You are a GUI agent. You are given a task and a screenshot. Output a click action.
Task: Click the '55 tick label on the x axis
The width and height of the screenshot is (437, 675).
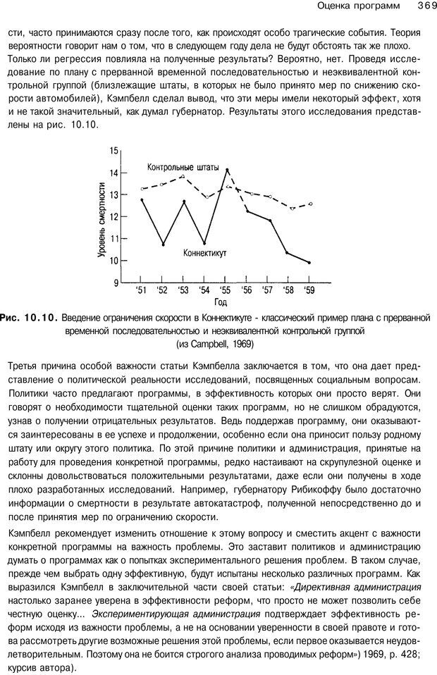[x=226, y=290]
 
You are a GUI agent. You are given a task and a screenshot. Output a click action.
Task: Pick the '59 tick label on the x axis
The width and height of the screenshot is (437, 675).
[x=309, y=290]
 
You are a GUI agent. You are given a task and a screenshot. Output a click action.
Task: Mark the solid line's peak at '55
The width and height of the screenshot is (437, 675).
[x=227, y=170]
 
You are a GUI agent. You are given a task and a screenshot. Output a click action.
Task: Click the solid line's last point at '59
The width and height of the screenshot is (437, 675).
[x=309, y=262]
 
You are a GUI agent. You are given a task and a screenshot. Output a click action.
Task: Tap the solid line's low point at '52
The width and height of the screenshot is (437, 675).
[x=164, y=244]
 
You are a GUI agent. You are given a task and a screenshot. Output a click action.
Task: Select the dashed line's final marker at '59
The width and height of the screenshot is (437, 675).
[x=310, y=204]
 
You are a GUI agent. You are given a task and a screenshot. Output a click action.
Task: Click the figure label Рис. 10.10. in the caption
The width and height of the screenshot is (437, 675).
[x=32, y=318]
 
